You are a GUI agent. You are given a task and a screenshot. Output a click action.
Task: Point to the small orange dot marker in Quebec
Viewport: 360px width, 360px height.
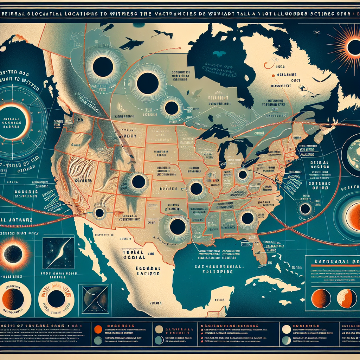[x=273, y=76]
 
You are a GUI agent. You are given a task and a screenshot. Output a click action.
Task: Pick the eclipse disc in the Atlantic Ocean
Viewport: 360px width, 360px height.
[x=305, y=209]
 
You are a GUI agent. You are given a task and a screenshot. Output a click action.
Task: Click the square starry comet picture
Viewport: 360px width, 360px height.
[x=58, y=253]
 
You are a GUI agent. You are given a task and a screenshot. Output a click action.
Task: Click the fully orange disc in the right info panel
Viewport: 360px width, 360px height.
[x=321, y=298]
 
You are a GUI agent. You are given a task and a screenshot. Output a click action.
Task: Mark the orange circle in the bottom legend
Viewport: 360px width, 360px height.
[x=98, y=329]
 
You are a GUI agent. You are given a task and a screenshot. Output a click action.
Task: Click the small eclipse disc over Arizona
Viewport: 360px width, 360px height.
[x=99, y=213]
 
